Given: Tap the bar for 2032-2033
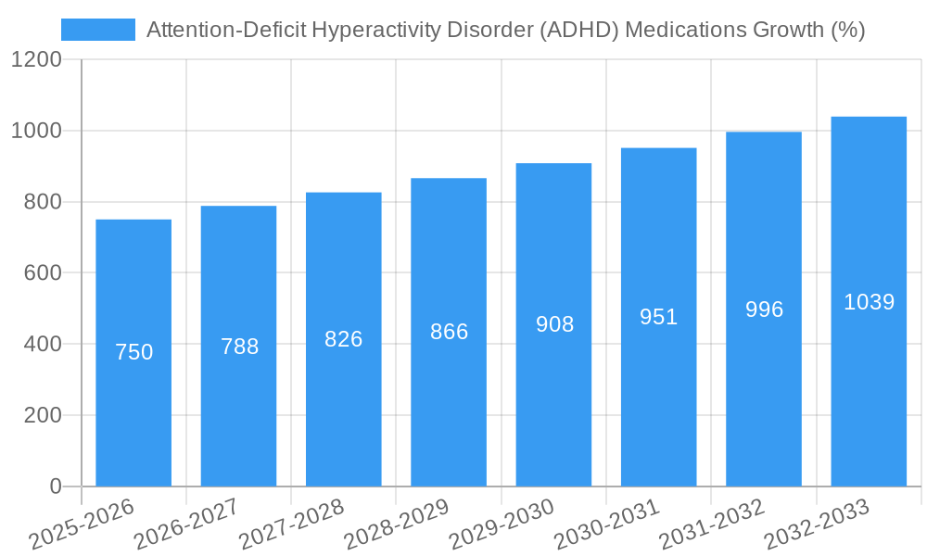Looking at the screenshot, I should [x=869, y=389].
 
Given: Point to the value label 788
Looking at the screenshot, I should [x=239, y=347].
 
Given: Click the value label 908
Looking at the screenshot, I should [x=554, y=324].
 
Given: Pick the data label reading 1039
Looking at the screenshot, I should [x=869, y=302].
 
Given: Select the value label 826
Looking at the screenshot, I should [x=344, y=339].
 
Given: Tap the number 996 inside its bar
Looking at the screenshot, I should [x=764, y=310].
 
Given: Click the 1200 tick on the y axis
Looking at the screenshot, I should [x=37, y=60].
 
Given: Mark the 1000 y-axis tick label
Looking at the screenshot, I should [x=37, y=131].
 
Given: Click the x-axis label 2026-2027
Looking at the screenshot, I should [x=186, y=524].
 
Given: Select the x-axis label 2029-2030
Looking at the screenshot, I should [x=502, y=524].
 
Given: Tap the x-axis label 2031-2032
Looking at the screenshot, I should [x=712, y=524].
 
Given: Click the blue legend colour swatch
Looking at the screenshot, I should [x=97, y=30].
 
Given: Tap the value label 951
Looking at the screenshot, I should [x=659, y=317].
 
